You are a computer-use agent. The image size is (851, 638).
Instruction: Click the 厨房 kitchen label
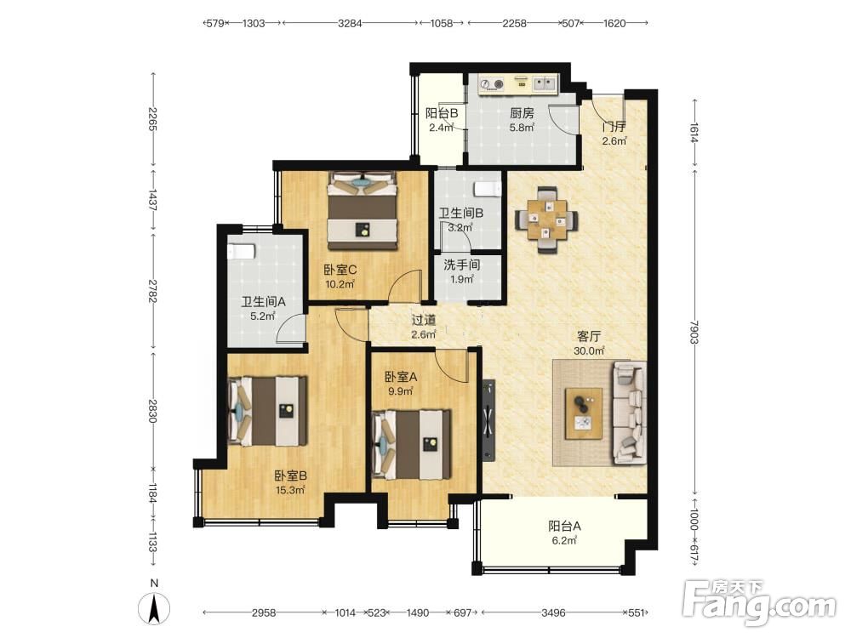point(522,113)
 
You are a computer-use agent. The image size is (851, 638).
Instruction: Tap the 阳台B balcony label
point(441,113)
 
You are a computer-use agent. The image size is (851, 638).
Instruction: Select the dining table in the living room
point(546,219)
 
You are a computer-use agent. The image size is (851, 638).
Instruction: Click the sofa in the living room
point(630,413)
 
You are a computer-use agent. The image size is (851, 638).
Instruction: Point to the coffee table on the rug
point(584,413)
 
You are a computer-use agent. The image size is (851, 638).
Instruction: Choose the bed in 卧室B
point(267,411)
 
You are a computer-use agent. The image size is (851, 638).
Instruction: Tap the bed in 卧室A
point(411,444)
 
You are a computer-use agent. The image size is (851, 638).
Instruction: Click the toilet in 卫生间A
point(242,253)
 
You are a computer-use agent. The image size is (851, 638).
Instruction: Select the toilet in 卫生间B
point(488,189)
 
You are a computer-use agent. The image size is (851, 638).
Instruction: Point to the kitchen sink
point(544,83)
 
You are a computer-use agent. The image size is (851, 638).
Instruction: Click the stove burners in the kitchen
point(492,84)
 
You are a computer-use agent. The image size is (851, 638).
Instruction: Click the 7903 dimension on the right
point(694,332)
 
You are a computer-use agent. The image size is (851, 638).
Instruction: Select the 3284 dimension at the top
point(350,23)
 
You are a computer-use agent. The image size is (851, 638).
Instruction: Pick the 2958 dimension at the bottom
point(264,613)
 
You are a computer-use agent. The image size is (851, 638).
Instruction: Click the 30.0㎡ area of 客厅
point(589,351)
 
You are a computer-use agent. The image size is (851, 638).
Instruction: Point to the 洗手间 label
point(462,265)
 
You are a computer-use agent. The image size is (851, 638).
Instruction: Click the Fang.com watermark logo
point(760,603)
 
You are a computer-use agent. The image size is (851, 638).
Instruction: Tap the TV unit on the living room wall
point(489,420)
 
